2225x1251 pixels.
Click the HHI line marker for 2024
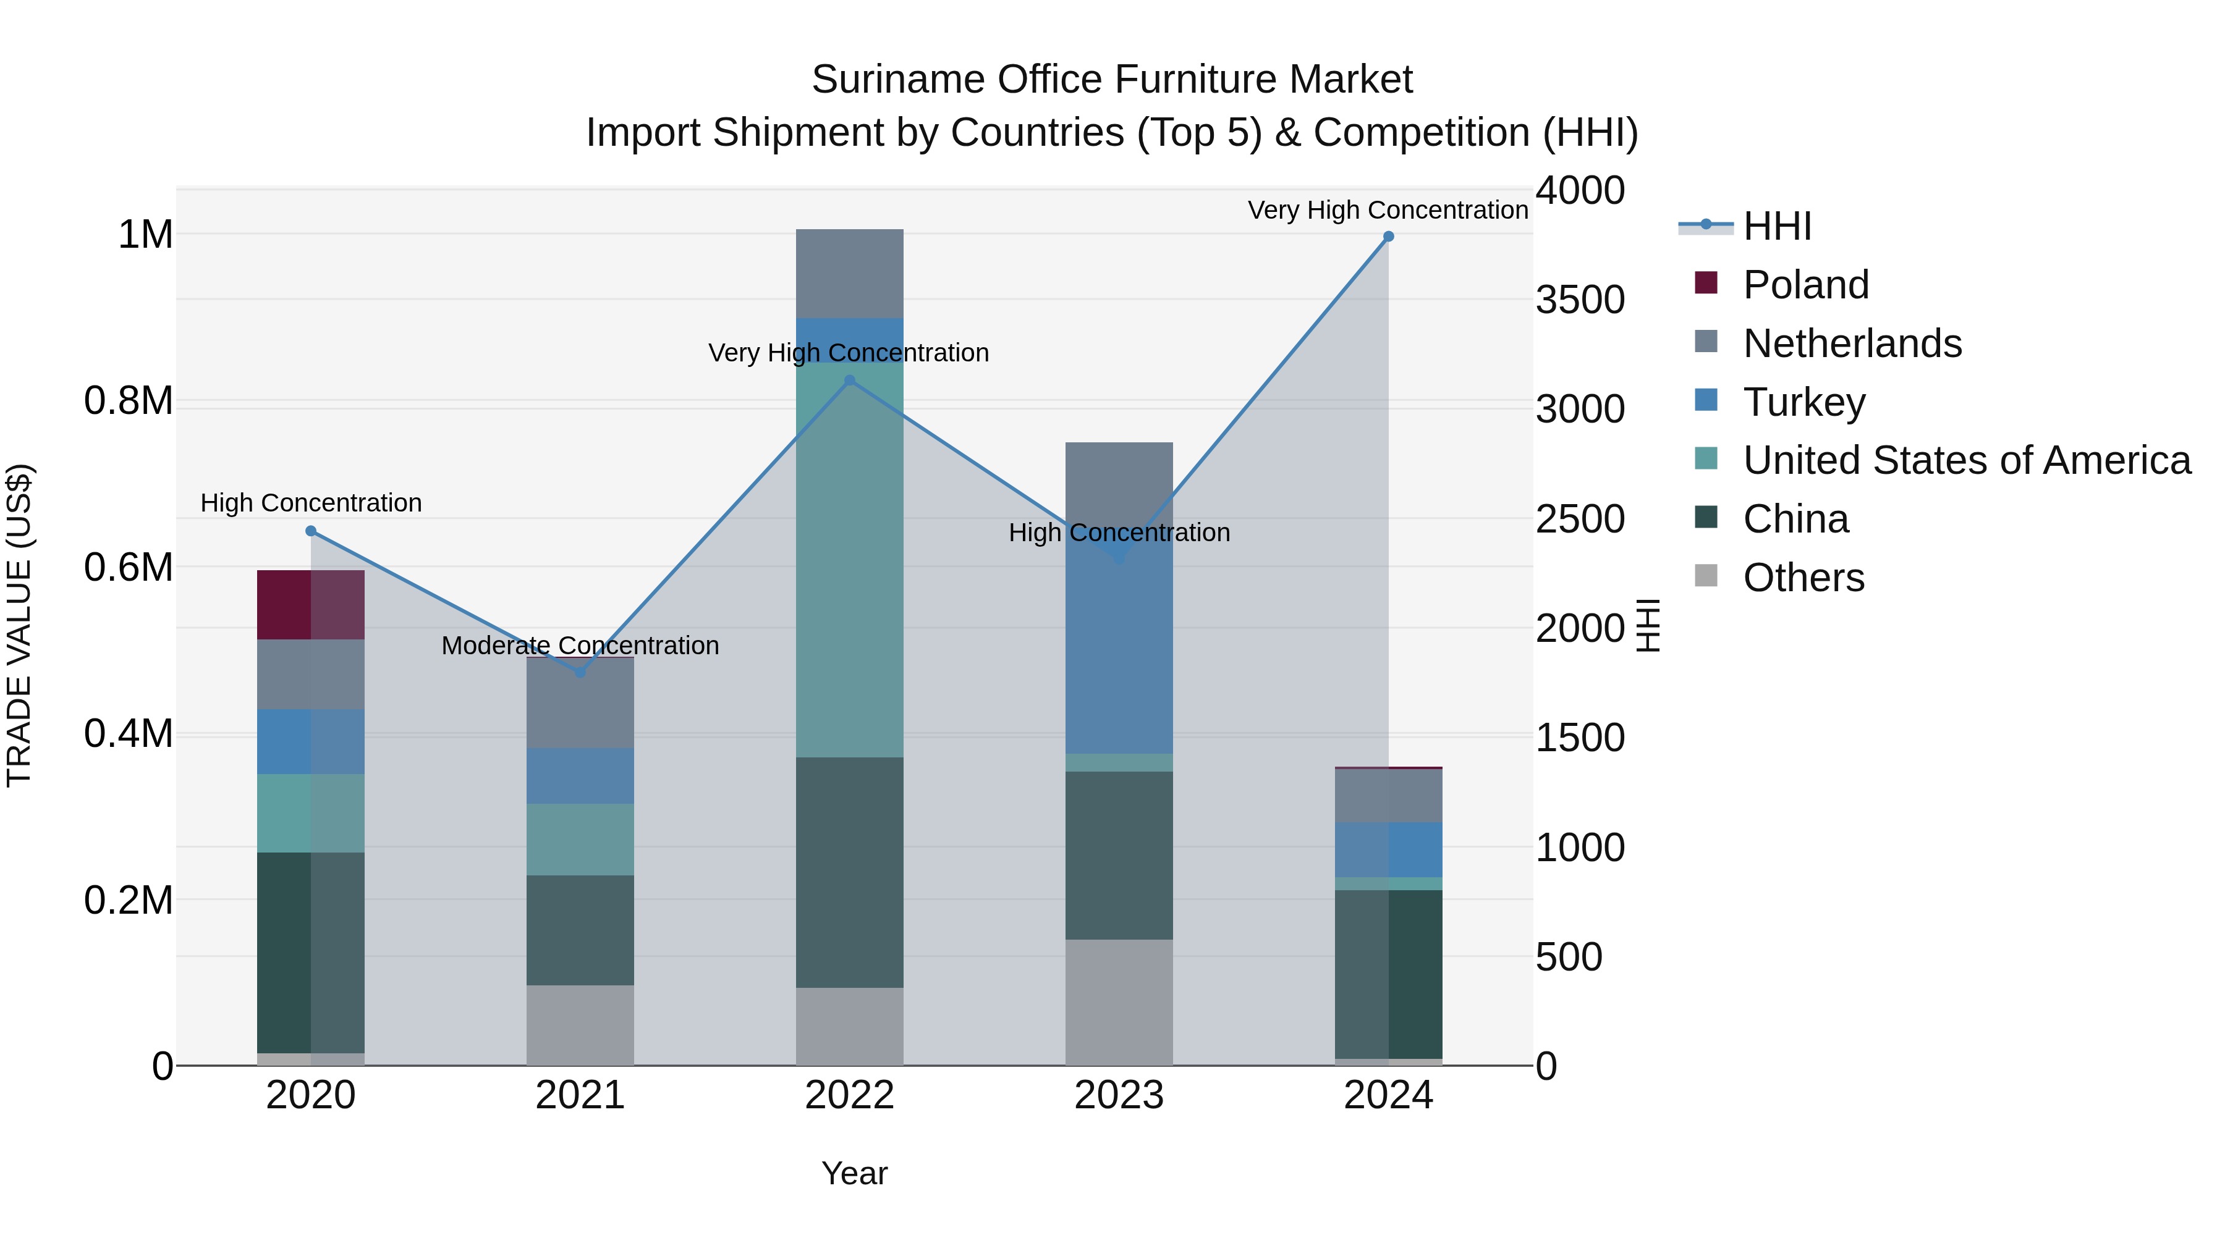tap(1388, 237)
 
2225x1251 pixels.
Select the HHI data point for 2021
tap(580, 673)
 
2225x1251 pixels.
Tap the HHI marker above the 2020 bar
tap(311, 531)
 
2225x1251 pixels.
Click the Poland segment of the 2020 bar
tap(311, 604)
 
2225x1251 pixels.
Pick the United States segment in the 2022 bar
tap(849, 561)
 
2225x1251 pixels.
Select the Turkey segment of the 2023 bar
tap(1119, 656)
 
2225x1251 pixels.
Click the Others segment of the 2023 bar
tap(1119, 1001)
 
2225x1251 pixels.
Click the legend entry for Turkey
tap(1803, 402)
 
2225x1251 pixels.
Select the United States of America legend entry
tap(1966, 460)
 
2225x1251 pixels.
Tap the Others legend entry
tap(1803, 578)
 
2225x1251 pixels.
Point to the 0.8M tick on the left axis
tap(128, 402)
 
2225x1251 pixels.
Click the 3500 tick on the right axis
tap(1580, 300)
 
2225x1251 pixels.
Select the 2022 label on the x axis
tap(849, 1095)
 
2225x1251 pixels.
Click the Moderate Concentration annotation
tap(580, 646)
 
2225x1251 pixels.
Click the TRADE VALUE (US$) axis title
tap(19, 625)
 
